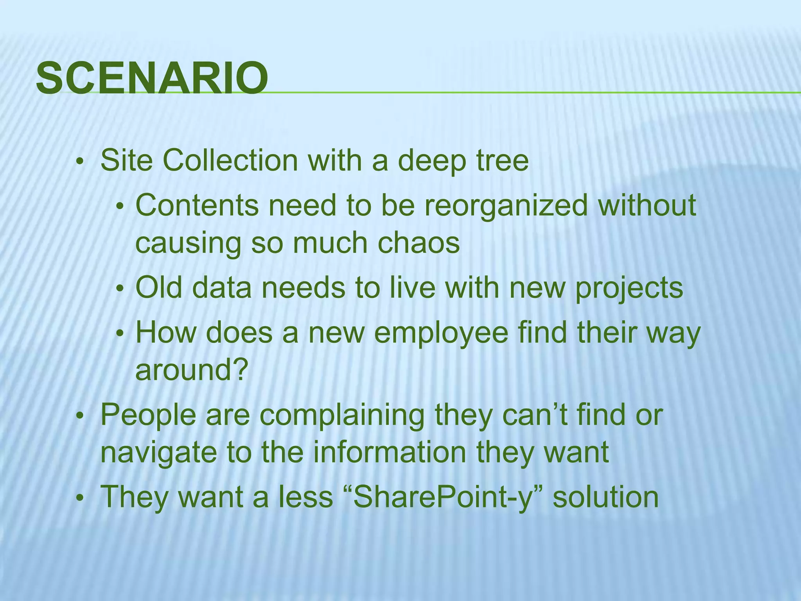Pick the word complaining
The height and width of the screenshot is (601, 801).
(342, 416)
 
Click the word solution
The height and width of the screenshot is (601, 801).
(606, 497)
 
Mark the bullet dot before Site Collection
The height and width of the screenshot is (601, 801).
(80, 161)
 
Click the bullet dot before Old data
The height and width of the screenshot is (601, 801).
(120, 289)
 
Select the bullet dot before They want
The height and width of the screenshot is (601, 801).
(80, 498)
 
